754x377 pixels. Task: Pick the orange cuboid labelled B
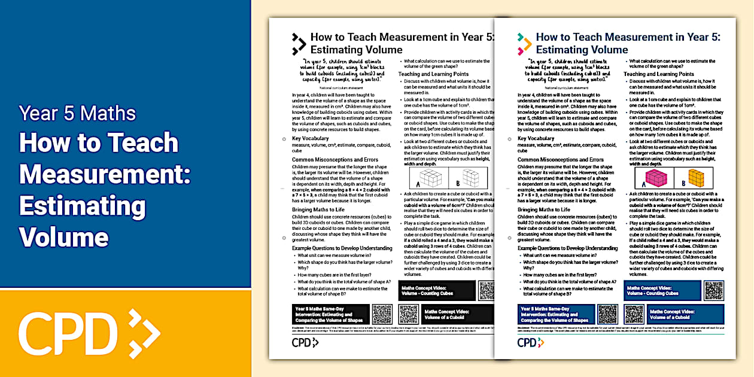[x=696, y=177]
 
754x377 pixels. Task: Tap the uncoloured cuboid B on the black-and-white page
[x=470, y=177]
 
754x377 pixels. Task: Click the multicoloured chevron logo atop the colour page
[x=524, y=44]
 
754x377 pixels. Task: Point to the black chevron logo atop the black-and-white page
[x=299, y=44]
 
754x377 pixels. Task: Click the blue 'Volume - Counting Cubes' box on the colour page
[x=661, y=291]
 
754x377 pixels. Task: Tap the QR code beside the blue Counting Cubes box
[x=713, y=291]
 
